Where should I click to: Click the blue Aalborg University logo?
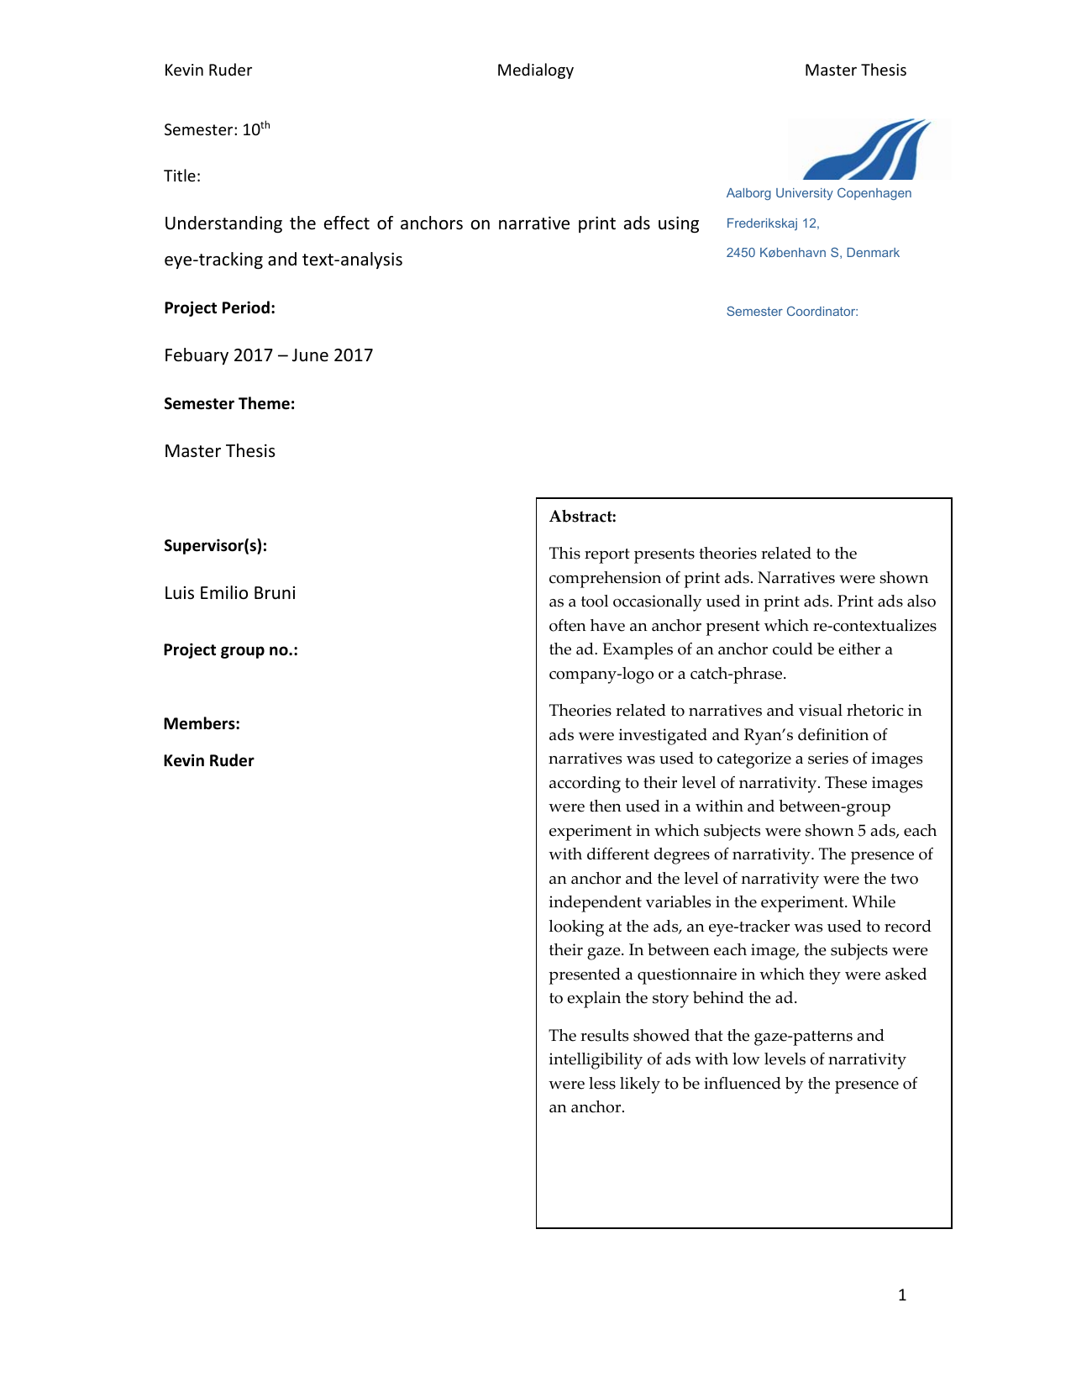click(x=867, y=150)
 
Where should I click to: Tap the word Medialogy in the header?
click(x=535, y=71)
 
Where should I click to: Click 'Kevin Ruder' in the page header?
click(x=207, y=71)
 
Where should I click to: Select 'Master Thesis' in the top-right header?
click(x=855, y=71)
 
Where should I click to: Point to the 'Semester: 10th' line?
click(x=217, y=129)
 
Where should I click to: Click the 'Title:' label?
click(x=182, y=176)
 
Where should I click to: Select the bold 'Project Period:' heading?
click(x=219, y=308)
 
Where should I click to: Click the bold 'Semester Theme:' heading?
click(x=229, y=404)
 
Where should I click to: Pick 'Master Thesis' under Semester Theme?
click(x=219, y=451)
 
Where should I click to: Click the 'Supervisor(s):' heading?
click(x=215, y=546)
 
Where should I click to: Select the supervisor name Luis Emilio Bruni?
click(x=229, y=593)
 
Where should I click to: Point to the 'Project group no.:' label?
click(x=230, y=650)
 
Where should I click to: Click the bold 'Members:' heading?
click(x=202, y=724)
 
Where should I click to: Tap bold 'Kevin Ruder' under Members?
click(x=208, y=761)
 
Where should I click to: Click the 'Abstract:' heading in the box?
click(x=582, y=517)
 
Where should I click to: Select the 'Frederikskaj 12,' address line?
click(x=772, y=223)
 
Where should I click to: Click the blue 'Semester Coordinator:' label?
click(x=791, y=312)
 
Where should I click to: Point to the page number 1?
click(x=902, y=1295)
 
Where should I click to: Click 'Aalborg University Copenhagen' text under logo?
click(x=818, y=193)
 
